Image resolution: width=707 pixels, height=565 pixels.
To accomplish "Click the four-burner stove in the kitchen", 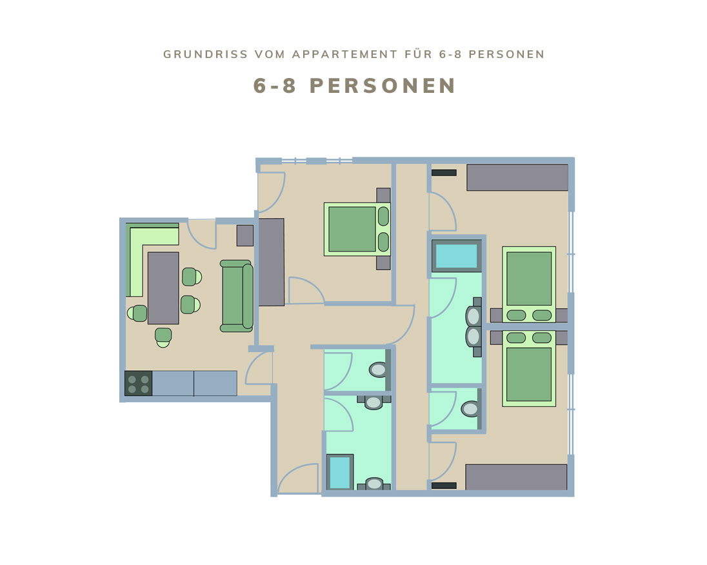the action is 139,383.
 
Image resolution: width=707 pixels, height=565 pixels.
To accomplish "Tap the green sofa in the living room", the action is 237,296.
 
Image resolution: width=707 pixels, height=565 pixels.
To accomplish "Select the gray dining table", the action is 163,288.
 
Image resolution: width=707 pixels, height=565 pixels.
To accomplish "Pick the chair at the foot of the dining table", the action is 163,337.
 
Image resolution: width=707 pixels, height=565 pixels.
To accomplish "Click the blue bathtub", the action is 456,255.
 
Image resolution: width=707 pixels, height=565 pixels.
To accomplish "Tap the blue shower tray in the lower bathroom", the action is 340,472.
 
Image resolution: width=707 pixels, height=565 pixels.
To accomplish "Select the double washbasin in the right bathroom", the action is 473,327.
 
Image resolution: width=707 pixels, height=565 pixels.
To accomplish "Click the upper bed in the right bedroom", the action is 529,284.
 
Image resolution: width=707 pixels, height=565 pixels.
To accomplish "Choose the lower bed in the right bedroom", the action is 529,368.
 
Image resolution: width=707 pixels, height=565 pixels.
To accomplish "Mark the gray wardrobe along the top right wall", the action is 517,177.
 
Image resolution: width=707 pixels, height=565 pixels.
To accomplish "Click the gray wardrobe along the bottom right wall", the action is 516,477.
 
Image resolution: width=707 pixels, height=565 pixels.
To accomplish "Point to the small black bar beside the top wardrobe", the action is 444,173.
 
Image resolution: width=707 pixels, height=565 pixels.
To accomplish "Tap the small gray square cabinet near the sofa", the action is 245,235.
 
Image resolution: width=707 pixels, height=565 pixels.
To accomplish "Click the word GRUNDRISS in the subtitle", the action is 206,55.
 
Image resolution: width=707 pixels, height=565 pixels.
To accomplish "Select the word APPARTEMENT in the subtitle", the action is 345,55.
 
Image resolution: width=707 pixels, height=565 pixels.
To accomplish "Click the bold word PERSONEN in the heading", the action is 383,86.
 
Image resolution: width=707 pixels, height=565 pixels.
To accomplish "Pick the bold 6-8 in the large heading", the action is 274,86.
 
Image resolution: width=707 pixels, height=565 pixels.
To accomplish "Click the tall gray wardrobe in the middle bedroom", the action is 272,262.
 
